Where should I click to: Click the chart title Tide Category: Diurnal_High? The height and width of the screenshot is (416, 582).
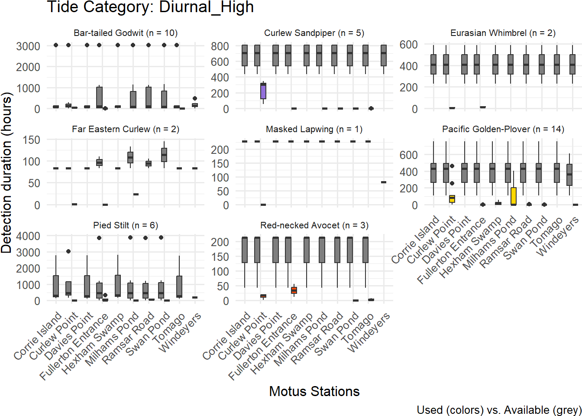coord(150,7)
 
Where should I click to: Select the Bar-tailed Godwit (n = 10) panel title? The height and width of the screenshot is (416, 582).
coord(126,33)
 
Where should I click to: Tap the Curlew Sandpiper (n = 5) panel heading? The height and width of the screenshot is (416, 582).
coord(314,33)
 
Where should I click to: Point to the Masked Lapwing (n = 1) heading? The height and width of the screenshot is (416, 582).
coord(314,129)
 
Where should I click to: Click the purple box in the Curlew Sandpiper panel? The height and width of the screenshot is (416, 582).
coord(263,91)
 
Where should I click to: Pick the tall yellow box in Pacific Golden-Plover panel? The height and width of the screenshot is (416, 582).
coord(514,196)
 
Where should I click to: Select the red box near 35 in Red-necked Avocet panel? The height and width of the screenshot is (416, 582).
coord(294,290)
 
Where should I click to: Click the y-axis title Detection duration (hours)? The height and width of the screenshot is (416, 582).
coord(6,172)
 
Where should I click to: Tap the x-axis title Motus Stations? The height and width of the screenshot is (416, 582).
coord(314,391)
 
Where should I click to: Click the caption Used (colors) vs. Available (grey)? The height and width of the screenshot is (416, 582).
coord(499,410)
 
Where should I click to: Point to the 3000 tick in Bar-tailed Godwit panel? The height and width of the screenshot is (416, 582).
coord(28,46)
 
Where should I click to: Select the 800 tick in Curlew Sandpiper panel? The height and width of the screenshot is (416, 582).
coord(220,46)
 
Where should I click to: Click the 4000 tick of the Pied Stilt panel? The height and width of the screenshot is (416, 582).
coord(28,236)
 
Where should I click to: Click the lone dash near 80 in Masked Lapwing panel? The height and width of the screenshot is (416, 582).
coord(384,182)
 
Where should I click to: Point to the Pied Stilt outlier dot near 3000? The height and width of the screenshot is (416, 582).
coord(68,251)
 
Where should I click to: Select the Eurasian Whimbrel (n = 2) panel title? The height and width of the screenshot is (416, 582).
coord(502,33)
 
